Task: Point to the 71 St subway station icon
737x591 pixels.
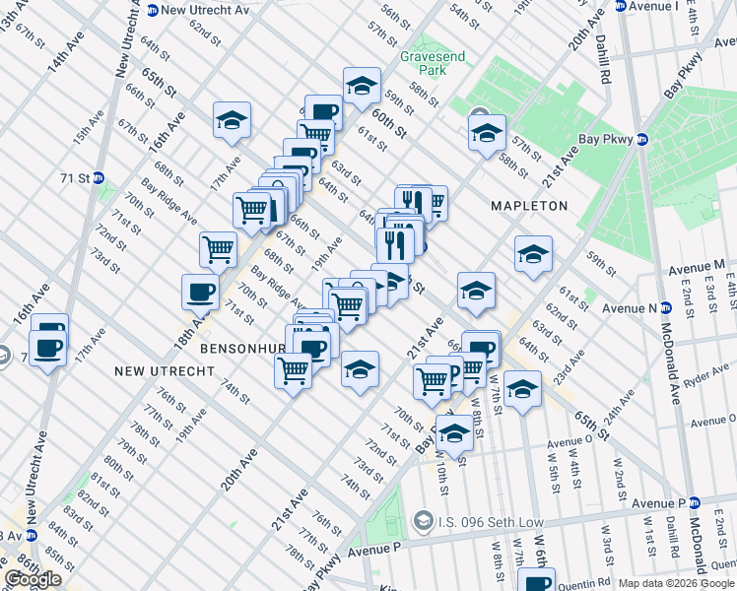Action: [x=100, y=178]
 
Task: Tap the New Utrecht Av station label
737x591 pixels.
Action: [x=203, y=10]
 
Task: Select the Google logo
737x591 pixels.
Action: [x=33, y=579]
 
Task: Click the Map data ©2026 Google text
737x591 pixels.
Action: [x=675, y=583]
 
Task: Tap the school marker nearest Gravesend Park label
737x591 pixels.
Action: [x=362, y=87]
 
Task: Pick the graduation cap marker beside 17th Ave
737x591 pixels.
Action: [x=232, y=120]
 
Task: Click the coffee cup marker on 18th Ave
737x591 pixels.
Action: [x=200, y=293]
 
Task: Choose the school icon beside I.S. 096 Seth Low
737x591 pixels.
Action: [x=424, y=519]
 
